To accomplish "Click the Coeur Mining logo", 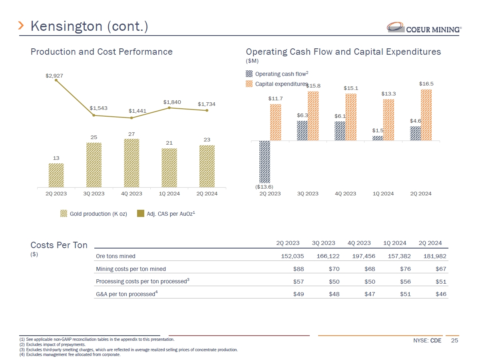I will (x=424, y=28).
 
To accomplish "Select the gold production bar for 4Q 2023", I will (x=131, y=163).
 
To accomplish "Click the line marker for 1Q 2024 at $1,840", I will (x=169, y=107).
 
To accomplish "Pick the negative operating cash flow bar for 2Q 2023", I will (x=264, y=161).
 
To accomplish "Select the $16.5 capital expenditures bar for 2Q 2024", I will (x=426, y=115).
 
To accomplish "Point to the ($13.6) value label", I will (x=264, y=186).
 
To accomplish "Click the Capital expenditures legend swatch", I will (x=249, y=84).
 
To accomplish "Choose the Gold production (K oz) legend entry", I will (x=94, y=214).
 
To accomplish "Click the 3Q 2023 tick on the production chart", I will (x=94, y=194).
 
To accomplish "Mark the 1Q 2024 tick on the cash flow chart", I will (x=383, y=194).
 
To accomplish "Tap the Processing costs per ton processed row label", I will (x=142, y=281).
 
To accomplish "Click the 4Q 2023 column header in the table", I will (x=359, y=243).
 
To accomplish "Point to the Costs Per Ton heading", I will (x=59, y=245).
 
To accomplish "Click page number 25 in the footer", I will (x=454, y=340).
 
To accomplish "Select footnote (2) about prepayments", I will (x=52, y=344).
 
